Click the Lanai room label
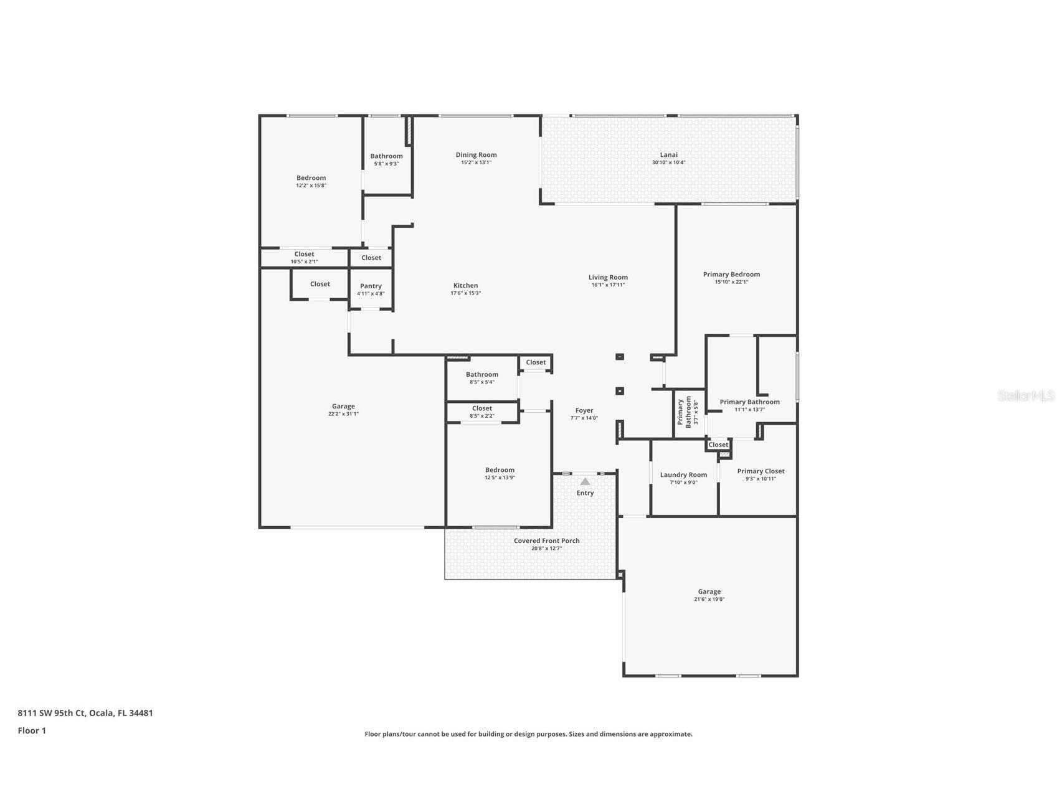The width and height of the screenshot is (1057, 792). click(x=668, y=155)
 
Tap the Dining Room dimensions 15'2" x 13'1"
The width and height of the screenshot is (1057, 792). click(x=476, y=163)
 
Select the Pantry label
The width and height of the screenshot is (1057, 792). click(x=371, y=286)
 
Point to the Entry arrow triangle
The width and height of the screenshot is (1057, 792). click(x=585, y=481)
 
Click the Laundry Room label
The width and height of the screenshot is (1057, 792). click(x=683, y=475)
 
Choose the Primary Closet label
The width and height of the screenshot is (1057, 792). click(x=761, y=471)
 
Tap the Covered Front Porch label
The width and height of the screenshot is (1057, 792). click(x=546, y=541)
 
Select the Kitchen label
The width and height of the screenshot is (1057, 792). click(x=465, y=286)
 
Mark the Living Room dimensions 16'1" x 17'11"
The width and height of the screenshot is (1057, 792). click(x=608, y=285)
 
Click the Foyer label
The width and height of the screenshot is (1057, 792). click(x=584, y=411)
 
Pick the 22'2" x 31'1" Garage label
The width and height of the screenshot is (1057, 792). click(x=343, y=407)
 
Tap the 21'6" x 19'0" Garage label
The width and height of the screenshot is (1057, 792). click(x=709, y=592)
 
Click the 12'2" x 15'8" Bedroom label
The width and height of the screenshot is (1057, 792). click(x=311, y=178)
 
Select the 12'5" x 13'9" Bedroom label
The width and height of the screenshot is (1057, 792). click(x=500, y=470)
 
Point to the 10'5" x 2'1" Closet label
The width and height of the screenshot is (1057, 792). click(x=304, y=255)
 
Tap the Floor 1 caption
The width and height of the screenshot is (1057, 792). click(x=32, y=731)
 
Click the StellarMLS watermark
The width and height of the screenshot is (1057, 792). click(x=1025, y=395)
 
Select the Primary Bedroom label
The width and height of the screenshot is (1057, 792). click(x=731, y=275)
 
